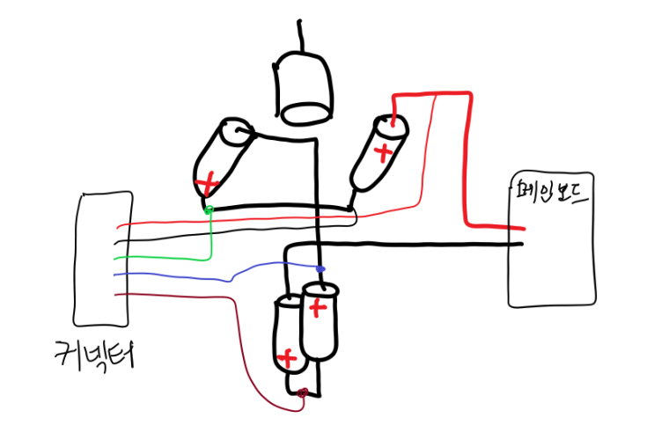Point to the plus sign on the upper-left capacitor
tap(207, 184)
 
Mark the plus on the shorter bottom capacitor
tap(286, 358)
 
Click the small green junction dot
tap(209, 209)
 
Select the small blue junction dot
tap(320, 268)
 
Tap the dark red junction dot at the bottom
tap(303, 392)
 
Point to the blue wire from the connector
tap(176, 275)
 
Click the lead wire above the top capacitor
tap(301, 35)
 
